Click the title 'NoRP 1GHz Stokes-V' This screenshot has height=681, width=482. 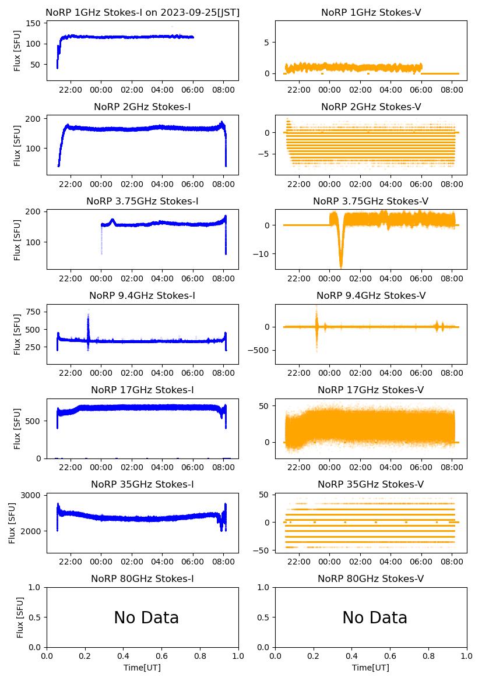[x=371, y=13]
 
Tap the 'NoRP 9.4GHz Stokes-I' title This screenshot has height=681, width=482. [x=142, y=296]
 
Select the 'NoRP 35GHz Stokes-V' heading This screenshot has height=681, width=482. [x=371, y=485]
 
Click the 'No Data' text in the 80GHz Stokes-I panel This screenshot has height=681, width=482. [x=146, y=618]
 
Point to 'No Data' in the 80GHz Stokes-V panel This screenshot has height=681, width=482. [x=375, y=618]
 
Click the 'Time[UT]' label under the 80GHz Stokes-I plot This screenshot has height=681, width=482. [x=142, y=668]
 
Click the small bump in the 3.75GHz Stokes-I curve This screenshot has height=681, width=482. [x=112, y=221]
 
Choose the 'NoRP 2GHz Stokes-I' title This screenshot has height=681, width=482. [x=142, y=107]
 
